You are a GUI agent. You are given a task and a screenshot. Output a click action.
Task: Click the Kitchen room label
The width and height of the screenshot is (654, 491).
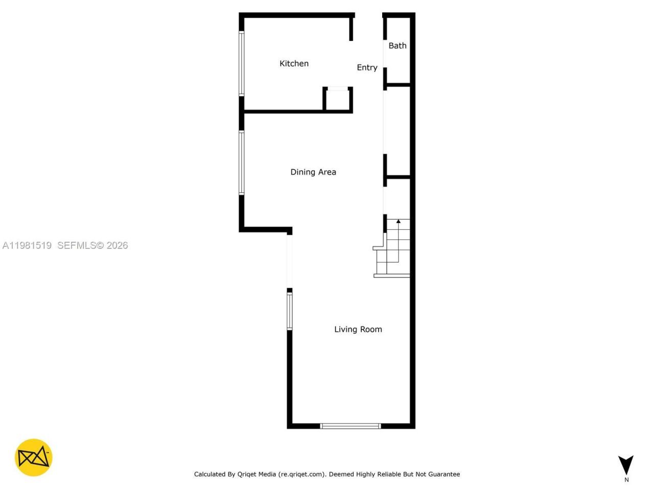coord(294,63)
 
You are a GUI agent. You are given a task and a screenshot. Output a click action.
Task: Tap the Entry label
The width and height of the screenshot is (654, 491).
coord(367,68)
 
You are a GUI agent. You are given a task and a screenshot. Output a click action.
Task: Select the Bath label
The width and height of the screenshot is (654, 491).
coord(398,46)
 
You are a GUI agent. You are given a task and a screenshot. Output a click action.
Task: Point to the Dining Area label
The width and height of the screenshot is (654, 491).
coord(313,172)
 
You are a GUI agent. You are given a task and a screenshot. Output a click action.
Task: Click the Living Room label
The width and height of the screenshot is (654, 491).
coord(358,329)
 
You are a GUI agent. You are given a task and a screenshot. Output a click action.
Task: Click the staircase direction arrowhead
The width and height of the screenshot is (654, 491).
coord(399,221)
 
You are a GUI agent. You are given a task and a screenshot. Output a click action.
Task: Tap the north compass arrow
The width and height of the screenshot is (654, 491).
coord(626,464)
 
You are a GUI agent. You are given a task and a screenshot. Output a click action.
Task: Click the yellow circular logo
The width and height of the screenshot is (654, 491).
coord(34,457)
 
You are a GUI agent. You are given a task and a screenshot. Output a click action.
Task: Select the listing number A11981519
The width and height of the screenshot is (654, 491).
coord(27,245)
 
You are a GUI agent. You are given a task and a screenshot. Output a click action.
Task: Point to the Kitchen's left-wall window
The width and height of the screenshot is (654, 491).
coord(242,63)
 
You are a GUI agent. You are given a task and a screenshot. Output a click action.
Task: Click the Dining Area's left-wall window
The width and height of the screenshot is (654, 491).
coord(242,163)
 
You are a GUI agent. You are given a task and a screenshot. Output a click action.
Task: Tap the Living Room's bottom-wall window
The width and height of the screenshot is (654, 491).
coord(351,426)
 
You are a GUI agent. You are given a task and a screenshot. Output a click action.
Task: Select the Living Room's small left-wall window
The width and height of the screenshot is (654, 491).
coord(289,311)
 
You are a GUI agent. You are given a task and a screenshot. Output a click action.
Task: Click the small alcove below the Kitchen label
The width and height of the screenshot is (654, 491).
coord(337,100)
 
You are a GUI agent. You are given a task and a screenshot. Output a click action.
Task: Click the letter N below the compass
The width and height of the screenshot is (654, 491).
coord(626,480)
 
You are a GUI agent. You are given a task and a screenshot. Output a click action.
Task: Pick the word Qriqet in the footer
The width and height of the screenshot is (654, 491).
coord(250,474)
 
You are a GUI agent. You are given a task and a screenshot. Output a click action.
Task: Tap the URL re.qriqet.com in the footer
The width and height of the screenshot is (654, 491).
coord(301,474)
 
